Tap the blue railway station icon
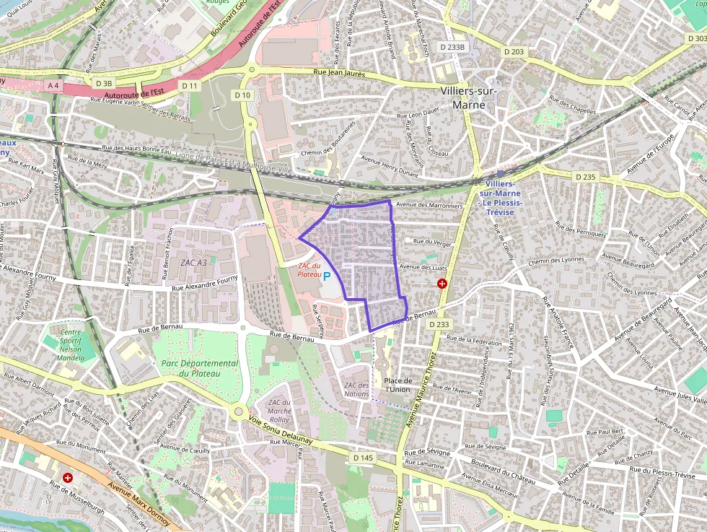coord(501,174)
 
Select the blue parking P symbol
coord(327,276)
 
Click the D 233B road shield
coord(454,47)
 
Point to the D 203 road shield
coord(514,52)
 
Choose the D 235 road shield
coord(585,177)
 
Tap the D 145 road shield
coord(364,458)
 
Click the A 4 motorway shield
coord(53,85)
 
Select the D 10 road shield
coord(242,95)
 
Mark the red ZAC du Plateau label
coord(309,270)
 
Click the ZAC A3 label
coord(193,262)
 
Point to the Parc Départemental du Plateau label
coord(199,368)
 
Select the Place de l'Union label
coord(398,385)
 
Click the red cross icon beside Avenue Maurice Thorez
coord(442,284)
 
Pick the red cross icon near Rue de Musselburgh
coord(68,478)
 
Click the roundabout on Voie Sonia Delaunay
coord(238,412)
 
